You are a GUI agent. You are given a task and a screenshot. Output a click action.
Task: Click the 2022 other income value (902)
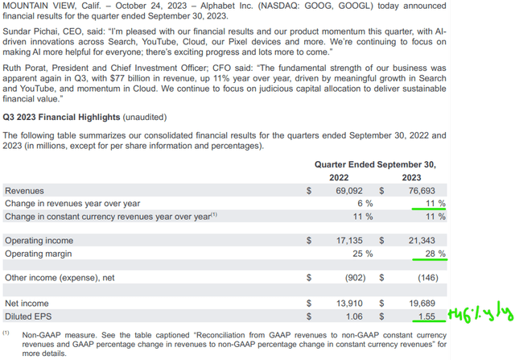(359, 278)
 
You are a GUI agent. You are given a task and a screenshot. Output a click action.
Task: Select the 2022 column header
(344, 176)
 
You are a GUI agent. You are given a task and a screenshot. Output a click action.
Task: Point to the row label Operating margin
(39, 253)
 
